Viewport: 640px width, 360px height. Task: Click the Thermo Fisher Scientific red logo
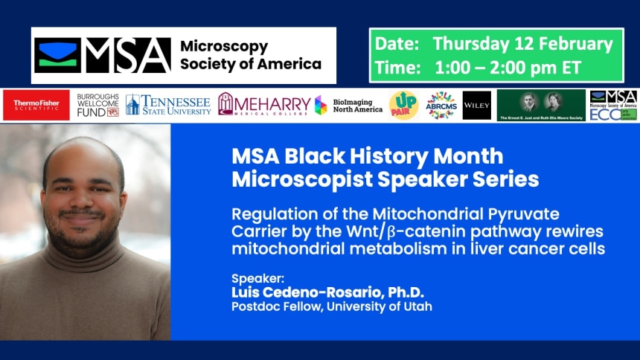(x=36, y=106)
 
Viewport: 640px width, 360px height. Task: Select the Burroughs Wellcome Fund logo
(x=97, y=106)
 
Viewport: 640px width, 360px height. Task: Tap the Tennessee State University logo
(x=169, y=105)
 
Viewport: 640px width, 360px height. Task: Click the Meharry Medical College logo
(x=263, y=105)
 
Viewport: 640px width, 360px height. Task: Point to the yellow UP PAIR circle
(x=403, y=106)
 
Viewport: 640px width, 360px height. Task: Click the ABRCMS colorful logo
(x=441, y=106)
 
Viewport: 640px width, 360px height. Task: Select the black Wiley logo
(x=476, y=106)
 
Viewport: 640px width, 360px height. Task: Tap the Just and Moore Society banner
(x=541, y=106)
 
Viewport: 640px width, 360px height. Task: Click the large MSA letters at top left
(x=127, y=55)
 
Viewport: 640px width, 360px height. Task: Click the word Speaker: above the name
(x=252, y=278)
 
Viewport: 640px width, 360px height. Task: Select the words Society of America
(x=251, y=64)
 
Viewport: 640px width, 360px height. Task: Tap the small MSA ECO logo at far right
(x=612, y=106)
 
